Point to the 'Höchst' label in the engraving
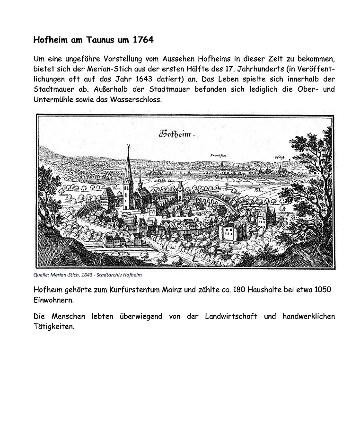pyautogui.click(x=279, y=158)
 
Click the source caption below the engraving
pyautogui.click(x=88, y=275)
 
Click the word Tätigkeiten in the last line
pyautogui.click(x=54, y=326)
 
